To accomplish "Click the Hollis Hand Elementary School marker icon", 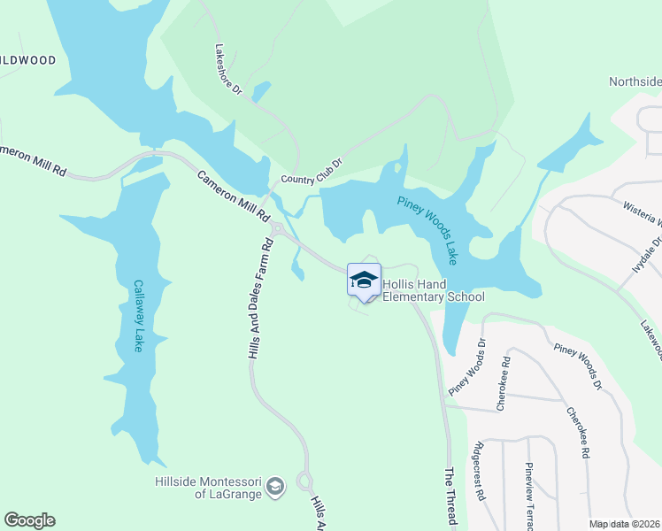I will [x=364, y=281].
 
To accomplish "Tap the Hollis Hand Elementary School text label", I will [x=434, y=291].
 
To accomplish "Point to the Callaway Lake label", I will [x=138, y=316].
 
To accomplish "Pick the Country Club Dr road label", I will [x=311, y=172].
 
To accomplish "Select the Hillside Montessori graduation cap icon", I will [x=276, y=486].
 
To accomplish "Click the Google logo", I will [x=29, y=520].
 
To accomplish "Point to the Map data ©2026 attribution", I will [x=624, y=524].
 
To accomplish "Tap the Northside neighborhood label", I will [x=635, y=81].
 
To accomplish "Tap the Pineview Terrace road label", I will [x=529, y=496].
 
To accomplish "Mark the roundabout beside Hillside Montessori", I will [x=304, y=482].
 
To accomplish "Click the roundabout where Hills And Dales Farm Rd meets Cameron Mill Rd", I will [x=277, y=229].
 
